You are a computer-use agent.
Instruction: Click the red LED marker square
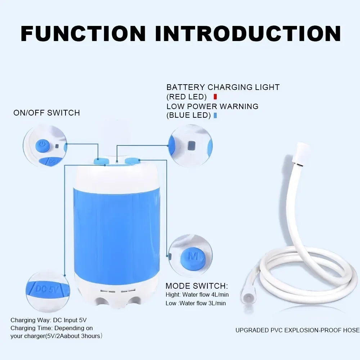[215, 96]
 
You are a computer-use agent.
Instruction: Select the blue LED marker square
[215, 115]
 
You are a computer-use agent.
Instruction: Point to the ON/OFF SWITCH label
[47, 113]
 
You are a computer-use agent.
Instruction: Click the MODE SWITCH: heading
[197, 286]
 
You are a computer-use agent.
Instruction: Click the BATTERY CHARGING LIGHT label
[223, 87]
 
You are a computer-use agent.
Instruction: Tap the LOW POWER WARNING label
[212, 106]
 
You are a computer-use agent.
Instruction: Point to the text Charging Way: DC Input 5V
[49, 320]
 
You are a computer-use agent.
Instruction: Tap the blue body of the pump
[117, 230]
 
